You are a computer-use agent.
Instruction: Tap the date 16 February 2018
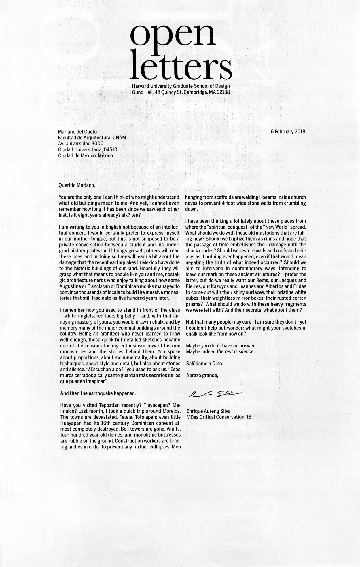287,132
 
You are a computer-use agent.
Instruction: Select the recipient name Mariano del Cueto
77,132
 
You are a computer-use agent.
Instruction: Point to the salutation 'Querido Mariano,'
77,185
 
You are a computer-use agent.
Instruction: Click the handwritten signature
215,394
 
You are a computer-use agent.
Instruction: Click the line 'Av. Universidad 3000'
81,143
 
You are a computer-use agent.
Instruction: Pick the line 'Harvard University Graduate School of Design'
181,86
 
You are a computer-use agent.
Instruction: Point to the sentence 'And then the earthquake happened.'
98,393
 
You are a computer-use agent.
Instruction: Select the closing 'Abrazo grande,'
202,375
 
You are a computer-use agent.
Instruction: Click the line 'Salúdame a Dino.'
204,363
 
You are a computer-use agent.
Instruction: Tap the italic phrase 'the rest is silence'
235,351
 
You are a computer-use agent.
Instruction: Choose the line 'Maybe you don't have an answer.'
221,345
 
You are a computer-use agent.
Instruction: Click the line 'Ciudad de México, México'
86,155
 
